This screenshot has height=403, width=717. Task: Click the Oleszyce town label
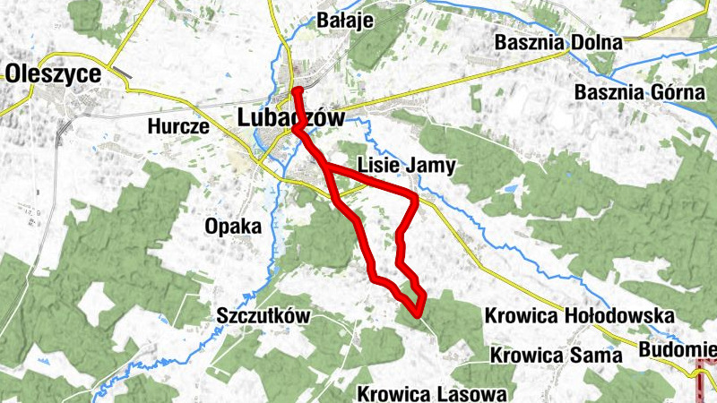(52, 74)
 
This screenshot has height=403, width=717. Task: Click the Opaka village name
(232, 227)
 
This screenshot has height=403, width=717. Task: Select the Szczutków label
(263, 315)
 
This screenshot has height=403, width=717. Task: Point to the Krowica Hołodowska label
(579, 316)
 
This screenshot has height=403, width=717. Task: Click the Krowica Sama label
(556, 355)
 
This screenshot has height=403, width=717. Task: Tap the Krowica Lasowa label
(432, 393)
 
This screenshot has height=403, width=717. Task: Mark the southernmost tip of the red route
(419, 313)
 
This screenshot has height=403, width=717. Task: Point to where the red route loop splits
(325, 167)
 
